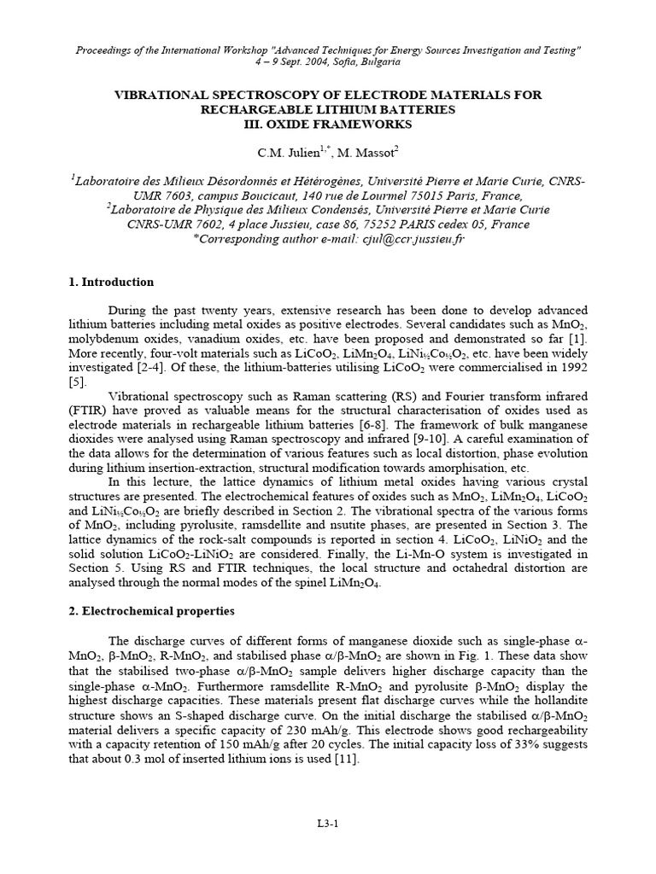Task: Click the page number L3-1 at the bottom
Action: (328, 823)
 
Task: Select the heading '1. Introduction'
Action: (112, 282)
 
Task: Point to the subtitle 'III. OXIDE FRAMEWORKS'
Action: (328, 124)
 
